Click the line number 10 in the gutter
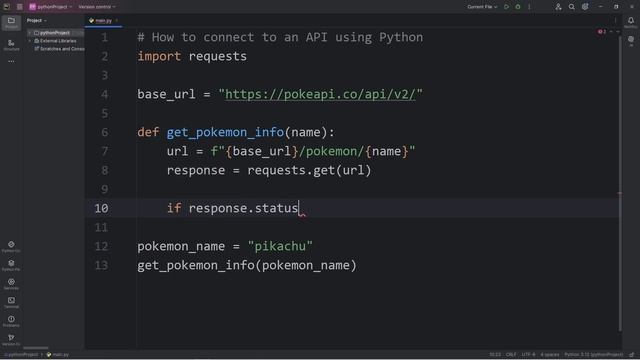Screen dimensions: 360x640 click(101, 208)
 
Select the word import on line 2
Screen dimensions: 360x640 click(159, 56)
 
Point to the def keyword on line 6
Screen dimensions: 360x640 click(150, 132)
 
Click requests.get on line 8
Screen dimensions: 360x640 click(291, 170)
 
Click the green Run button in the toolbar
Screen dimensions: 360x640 click(506, 7)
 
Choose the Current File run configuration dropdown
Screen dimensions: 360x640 click(482, 7)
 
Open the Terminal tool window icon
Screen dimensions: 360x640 click(11, 302)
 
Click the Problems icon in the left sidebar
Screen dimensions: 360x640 click(11, 321)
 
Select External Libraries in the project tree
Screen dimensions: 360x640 click(60, 40)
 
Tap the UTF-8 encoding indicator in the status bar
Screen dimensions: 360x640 click(527, 354)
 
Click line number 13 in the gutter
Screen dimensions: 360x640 click(101, 265)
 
